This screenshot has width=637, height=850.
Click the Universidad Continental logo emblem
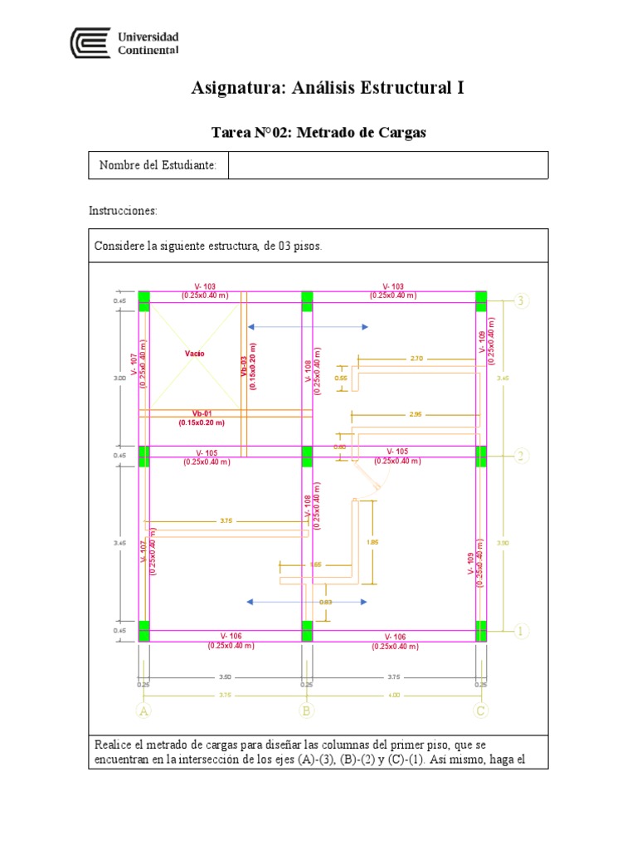point(90,43)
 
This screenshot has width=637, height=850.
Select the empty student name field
point(387,165)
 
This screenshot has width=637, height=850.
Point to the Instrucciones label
point(123,212)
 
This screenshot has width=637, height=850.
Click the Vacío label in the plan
point(195,354)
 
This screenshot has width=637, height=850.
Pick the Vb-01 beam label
point(202,413)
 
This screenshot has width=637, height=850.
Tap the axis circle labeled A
point(143,711)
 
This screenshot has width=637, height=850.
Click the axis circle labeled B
point(307,711)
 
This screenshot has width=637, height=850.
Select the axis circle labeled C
point(481,711)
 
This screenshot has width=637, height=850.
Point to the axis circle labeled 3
point(521,300)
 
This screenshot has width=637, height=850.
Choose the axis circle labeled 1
point(521,631)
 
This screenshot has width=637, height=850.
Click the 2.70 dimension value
point(416,359)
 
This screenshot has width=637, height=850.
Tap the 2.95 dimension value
point(416,413)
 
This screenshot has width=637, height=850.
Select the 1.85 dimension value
point(372,542)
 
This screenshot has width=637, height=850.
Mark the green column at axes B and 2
point(307,456)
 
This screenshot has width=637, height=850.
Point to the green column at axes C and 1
point(481,632)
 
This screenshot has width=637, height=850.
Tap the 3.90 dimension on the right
point(501,543)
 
